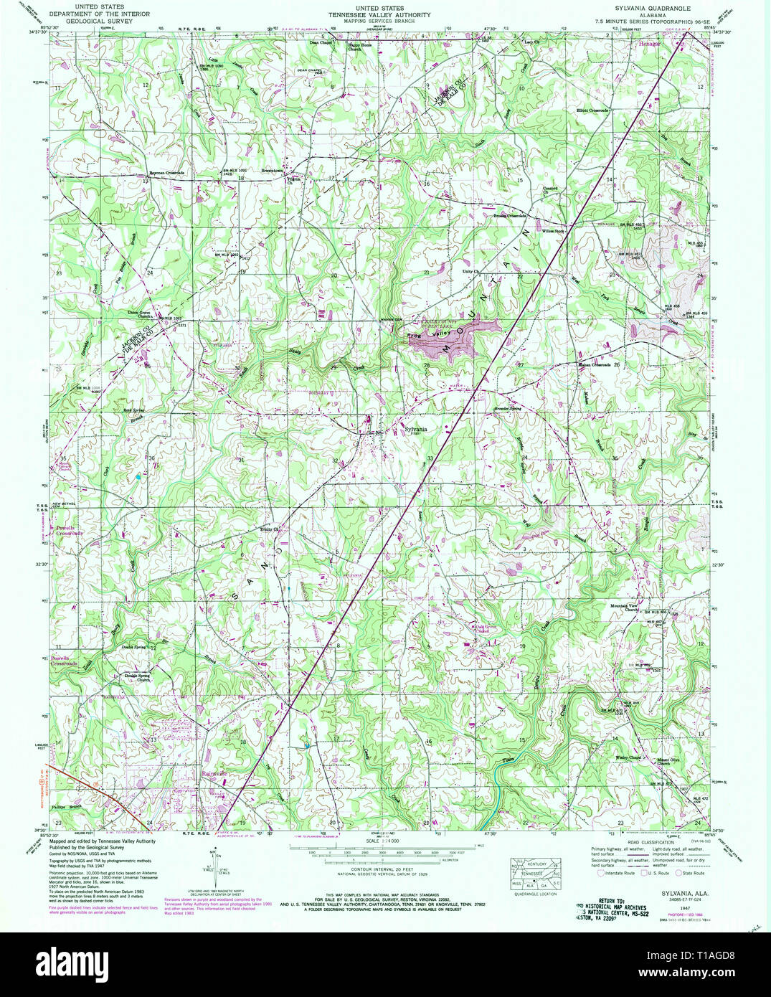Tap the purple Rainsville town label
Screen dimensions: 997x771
coord(214,774)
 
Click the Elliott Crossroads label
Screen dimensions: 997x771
coord(592,110)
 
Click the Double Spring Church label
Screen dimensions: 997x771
coord(138,676)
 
